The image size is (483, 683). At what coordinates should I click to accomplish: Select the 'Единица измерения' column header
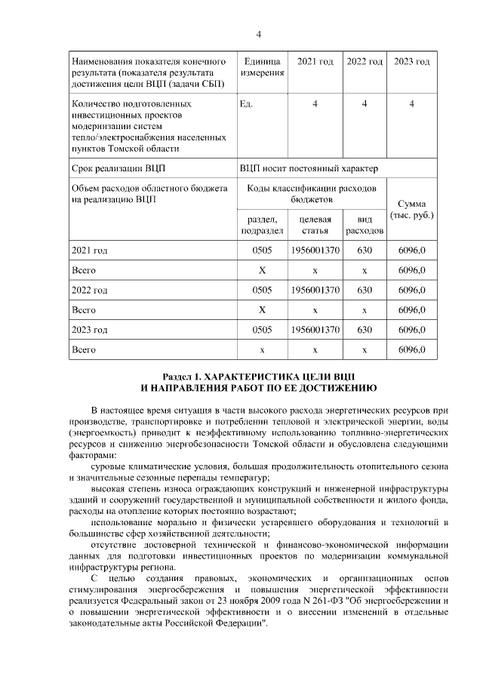[262, 67]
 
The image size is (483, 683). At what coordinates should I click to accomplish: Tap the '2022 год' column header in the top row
[365, 61]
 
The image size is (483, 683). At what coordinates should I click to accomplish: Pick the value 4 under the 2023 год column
[411, 104]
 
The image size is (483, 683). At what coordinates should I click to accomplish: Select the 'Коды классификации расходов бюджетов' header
[312, 192]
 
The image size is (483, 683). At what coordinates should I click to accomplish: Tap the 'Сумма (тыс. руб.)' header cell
[411, 210]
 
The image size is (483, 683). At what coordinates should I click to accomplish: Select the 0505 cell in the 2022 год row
[262, 290]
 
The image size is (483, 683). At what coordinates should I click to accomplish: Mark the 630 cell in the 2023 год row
[365, 330]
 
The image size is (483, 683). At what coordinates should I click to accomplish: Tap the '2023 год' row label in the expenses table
[89, 330]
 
